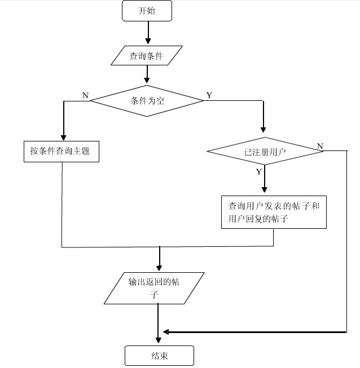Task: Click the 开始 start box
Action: tap(147, 11)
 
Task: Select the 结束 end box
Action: tap(159, 356)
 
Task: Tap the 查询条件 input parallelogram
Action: tap(147, 56)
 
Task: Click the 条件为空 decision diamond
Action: tap(147, 101)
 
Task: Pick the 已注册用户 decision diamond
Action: tap(264, 151)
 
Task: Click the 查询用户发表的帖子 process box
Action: tap(274, 212)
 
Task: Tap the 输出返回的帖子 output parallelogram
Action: tap(155, 288)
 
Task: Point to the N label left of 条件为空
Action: tap(85, 95)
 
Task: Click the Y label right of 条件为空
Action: tap(209, 95)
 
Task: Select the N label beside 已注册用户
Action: tap(320, 147)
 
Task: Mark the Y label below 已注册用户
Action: tap(258, 171)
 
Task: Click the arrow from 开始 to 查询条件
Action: tap(148, 33)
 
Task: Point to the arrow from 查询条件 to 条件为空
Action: tap(147, 74)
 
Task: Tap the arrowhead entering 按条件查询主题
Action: tap(63, 136)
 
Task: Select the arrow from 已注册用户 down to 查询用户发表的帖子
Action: tap(264, 180)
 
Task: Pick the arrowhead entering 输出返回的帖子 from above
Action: tap(160, 267)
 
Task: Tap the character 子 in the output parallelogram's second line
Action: tap(154, 295)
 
